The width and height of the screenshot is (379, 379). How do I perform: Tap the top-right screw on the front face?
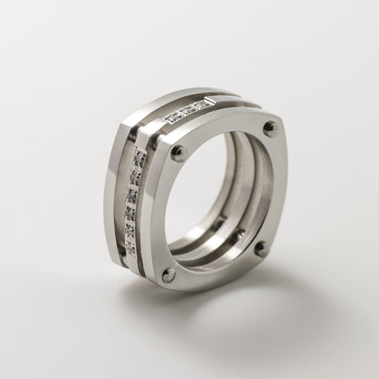click(270, 126)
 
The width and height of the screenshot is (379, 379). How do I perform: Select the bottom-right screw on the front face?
click(260, 247)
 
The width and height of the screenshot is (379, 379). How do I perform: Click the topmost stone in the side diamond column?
click(140, 159)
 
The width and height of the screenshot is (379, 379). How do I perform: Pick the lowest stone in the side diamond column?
click(129, 247)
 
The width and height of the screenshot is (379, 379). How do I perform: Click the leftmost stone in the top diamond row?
click(171, 118)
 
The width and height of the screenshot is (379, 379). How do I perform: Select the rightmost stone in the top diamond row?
click(207, 103)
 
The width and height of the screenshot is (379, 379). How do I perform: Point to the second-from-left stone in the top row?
click(182, 114)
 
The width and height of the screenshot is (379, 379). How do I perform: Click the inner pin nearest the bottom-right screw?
click(239, 234)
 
